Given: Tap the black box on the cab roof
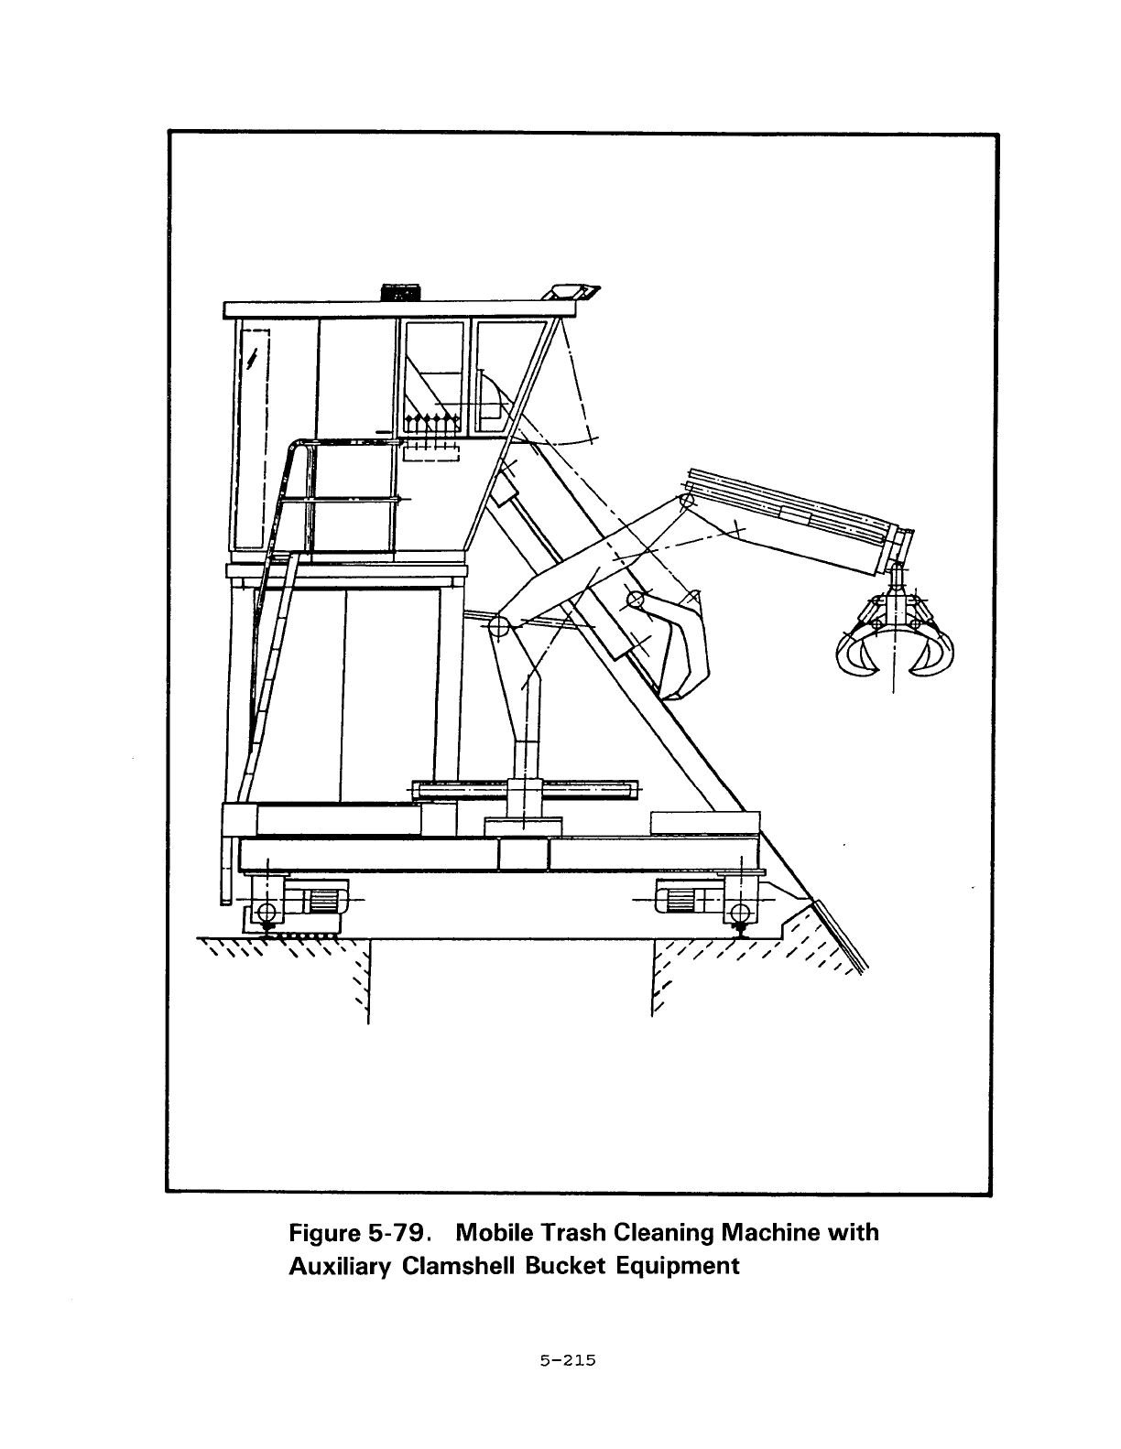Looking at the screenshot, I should pos(399,292).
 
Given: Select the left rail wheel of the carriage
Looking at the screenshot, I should pos(266,912).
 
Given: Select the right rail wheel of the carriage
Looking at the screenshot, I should pos(739,912).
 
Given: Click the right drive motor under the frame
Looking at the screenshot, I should pos(680,899).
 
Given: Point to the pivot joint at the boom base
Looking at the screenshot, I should pos(499,627).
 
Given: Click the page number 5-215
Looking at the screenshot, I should pos(568,1361).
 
